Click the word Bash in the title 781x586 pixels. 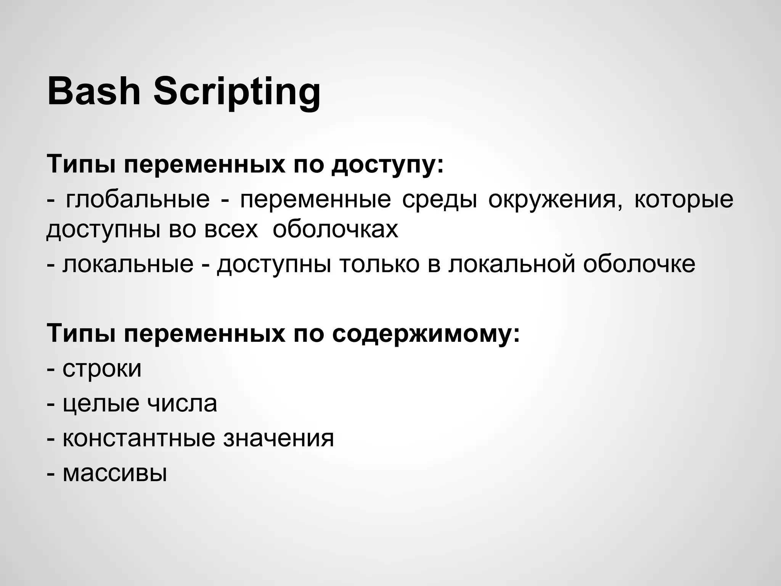click(94, 92)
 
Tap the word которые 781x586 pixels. click(683, 200)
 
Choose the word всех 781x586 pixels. click(231, 230)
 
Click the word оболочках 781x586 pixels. click(335, 230)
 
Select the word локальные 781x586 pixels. click(128, 264)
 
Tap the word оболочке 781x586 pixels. click(639, 264)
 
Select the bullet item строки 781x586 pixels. click(102, 369)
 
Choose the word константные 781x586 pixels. click(139, 438)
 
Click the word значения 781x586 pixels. click(278, 438)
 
